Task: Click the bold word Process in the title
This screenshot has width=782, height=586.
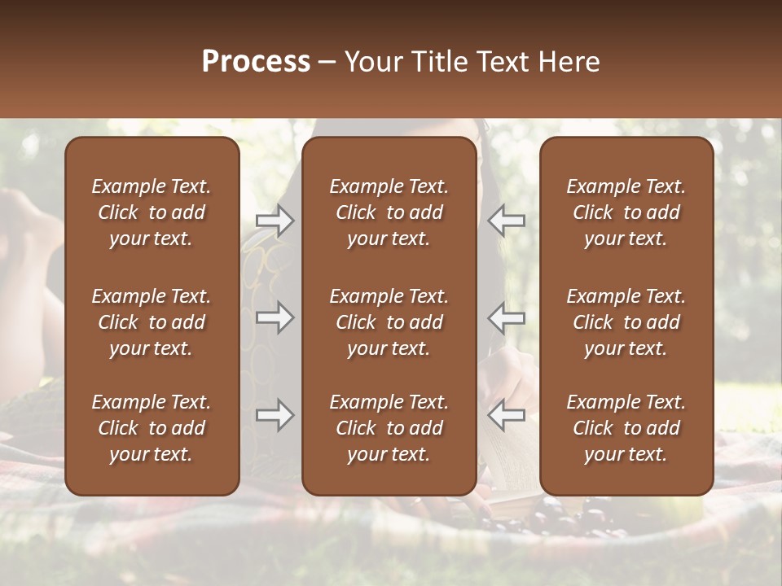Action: click(x=256, y=62)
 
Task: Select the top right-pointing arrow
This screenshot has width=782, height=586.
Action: click(x=275, y=221)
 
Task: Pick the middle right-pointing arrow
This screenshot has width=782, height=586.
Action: click(x=275, y=317)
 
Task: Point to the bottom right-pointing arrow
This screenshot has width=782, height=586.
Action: click(x=275, y=416)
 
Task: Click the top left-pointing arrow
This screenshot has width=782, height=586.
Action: click(x=506, y=221)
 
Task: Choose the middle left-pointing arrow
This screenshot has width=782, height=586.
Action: click(x=506, y=317)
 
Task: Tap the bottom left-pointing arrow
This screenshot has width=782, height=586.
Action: click(x=506, y=416)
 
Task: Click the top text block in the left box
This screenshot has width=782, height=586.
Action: click(x=152, y=212)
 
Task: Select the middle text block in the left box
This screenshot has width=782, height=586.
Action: click(x=152, y=322)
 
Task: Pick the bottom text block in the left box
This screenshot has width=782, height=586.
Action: click(x=152, y=428)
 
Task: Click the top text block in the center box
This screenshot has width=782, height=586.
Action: click(x=389, y=212)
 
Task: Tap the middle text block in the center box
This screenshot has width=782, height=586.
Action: click(x=389, y=322)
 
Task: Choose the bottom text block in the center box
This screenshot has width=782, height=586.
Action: click(x=389, y=428)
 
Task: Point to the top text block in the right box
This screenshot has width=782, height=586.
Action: click(x=626, y=212)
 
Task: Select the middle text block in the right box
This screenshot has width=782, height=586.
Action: click(x=626, y=322)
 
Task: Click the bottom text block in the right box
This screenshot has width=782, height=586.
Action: click(x=626, y=428)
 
